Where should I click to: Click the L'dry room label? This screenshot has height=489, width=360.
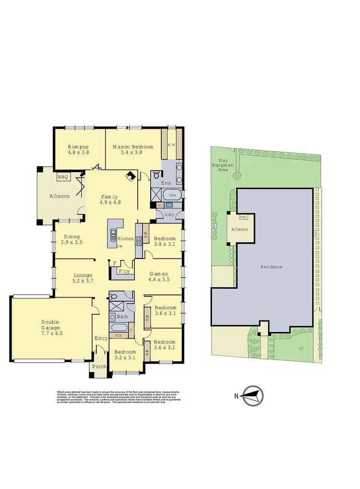click(x=169, y=214)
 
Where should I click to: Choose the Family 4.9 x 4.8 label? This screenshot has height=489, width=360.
click(x=110, y=199)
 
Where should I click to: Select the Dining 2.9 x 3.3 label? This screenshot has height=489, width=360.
click(x=72, y=239)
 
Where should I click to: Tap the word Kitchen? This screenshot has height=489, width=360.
click(x=126, y=239)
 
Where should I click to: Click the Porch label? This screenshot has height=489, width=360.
click(x=99, y=367)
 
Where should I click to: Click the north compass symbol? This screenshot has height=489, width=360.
click(x=253, y=396)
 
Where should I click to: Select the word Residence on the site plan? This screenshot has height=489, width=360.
click(x=271, y=267)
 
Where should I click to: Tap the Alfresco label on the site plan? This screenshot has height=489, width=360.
click(x=240, y=231)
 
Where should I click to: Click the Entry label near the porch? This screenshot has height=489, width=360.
click(x=101, y=339)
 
